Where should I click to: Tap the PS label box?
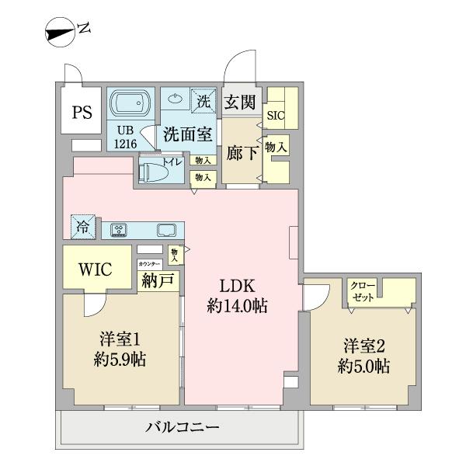(x=82, y=111)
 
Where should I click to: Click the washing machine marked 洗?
(x=203, y=100)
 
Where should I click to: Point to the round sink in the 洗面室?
(x=176, y=99)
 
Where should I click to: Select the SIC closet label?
(x=275, y=115)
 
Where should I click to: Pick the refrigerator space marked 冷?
(x=82, y=228)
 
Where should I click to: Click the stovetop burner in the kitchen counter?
(x=119, y=229)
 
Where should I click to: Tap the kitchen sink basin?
(x=165, y=230)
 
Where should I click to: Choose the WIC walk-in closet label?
(x=95, y=270)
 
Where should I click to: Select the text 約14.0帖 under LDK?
(x=237, y=306)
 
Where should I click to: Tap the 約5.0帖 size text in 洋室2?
(x=363, y=367)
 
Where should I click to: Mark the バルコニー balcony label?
(x=183, y=427)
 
